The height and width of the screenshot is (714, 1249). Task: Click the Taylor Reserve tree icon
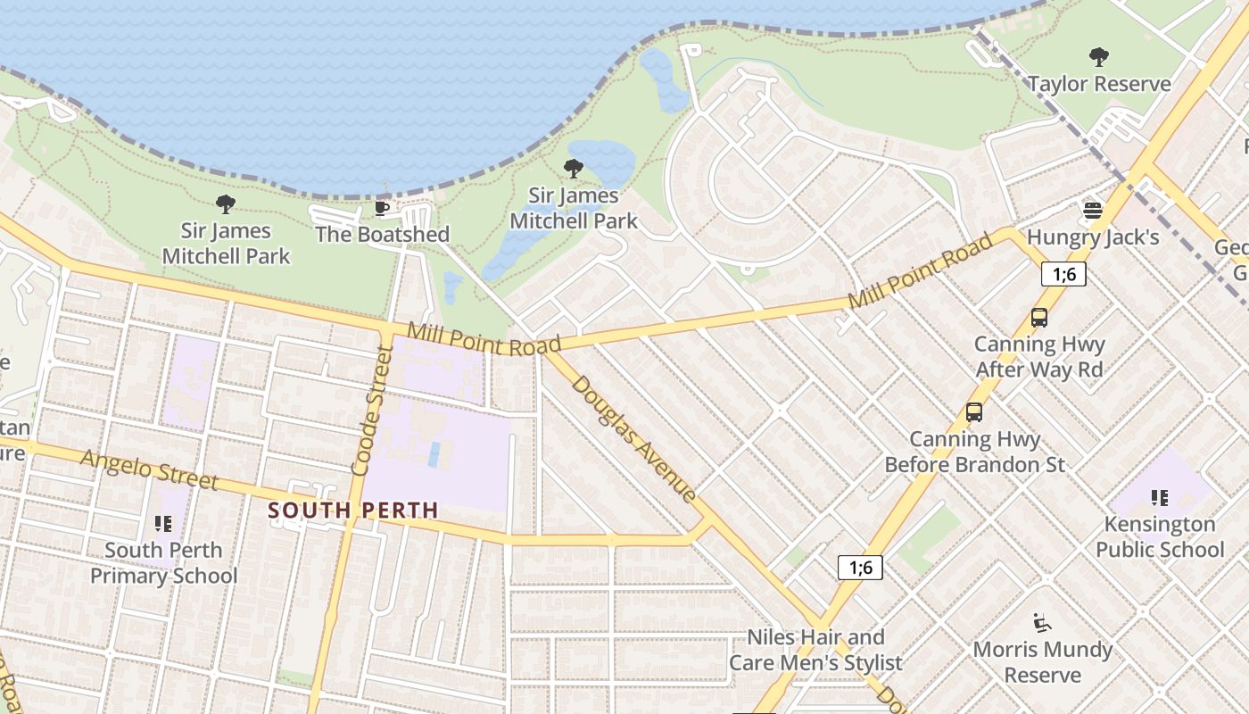pyautogui.click(x=1099, y=57)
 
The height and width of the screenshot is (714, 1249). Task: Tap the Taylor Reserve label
pyautogui.click(x=1099, y=84)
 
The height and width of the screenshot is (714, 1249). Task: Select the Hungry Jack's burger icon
pyautogui.click(x=1093, y=211)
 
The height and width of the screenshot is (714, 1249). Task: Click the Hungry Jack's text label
pyautogui.click(x=1093, y=237)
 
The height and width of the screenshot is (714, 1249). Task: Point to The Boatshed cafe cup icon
pyautogui.click(x=381, y=208)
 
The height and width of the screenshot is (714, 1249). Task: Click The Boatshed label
pyautogui.click(x=382, y=234)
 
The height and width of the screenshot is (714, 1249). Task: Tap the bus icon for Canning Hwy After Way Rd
pyautogui.click(x=1038, y=317)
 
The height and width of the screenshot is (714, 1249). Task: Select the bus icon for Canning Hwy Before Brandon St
pyautogui.click(x=974, y=412)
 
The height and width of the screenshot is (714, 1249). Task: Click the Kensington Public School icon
pyautogui.click(x=1159, y=497)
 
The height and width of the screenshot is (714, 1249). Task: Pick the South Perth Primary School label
pyautogui.click(x=164, y=562)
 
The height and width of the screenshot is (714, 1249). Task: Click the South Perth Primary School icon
pyautogui.click(x=162, y=523)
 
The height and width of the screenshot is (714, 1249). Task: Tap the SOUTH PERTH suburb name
pyautogui.click(x=353, y=511)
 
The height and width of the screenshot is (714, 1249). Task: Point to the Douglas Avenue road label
pyautogui.click(x=633, y=438)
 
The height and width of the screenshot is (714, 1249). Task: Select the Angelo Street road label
pyautogui.click(x=148, y=469)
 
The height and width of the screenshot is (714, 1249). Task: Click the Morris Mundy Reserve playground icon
pyautogui.click(x=1041, y=622)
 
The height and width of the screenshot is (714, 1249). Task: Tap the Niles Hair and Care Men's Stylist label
pyautogui.click(x=815, y=650)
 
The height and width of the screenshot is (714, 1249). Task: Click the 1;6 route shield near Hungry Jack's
pyautogui.click(x=1063, y=274)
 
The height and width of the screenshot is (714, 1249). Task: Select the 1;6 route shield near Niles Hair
pyautogui.click(x=860, y=567)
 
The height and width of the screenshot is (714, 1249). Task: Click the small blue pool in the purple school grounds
pyautogui.click(x=434, y=454)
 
